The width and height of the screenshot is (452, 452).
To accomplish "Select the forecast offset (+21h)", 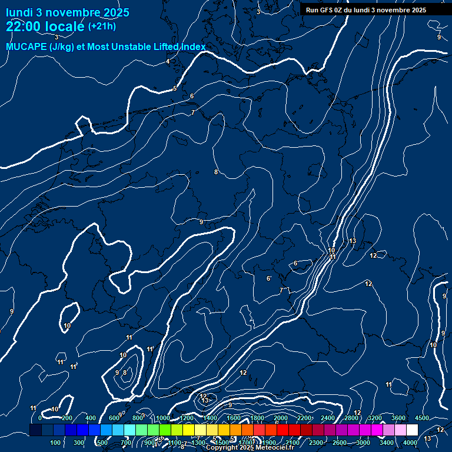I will click(x=102, y=26).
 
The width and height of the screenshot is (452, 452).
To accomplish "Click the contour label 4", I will click(x=168, y=61).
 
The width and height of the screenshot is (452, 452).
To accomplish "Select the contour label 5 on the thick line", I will click(x=175, y=88).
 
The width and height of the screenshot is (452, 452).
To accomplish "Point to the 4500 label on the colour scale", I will click(x=421, y=418).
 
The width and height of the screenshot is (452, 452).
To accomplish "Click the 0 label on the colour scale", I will click(x=40, y=418).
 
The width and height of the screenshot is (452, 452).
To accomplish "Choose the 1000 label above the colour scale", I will click(x=163, y=418).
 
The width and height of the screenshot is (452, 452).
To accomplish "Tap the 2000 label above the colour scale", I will click(x=281, y=418).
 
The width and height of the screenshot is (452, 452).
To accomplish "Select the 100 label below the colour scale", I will click(x=55, y=443).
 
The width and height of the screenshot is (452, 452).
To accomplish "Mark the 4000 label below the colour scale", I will click(x=410, y=443).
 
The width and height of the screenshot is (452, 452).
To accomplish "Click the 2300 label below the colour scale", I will click(x=316, y=443).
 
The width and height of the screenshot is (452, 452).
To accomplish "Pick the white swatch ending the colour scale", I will click(x=412, y=430).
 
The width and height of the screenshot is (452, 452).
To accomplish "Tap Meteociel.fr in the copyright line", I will click(x=275, y=448).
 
